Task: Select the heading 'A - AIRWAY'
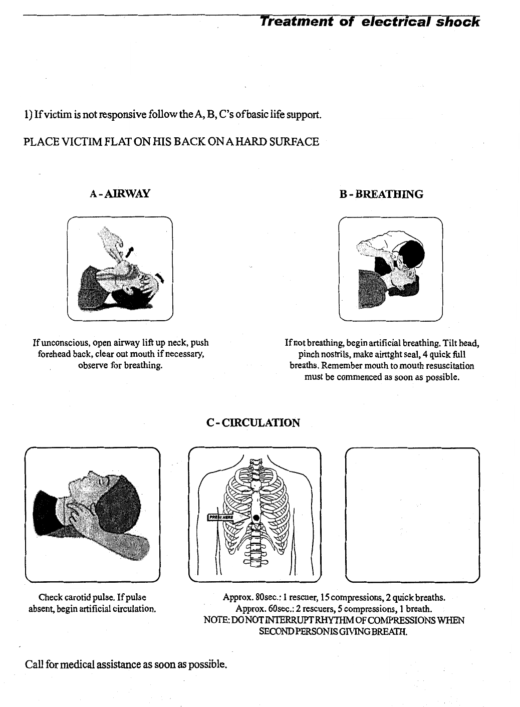(120, 193)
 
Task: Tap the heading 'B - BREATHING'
(381, 194)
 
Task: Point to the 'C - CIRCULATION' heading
(253, 423)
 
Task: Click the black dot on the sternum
(256, 517)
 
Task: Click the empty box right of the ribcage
(412, 515)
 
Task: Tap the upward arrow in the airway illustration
(131, 251)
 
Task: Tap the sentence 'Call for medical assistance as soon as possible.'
(126, 665)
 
